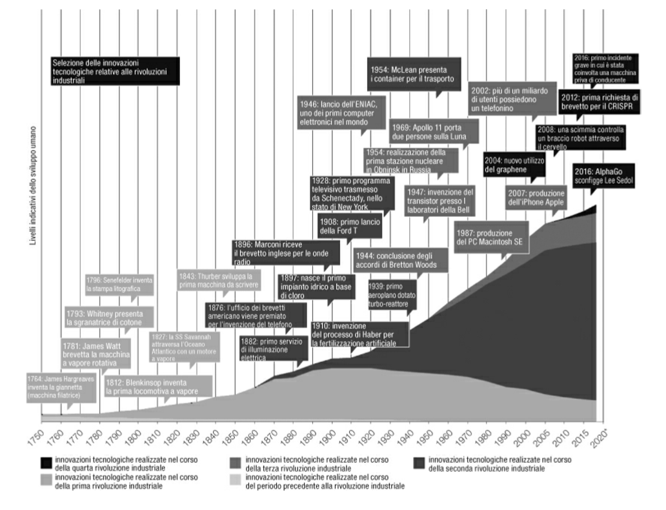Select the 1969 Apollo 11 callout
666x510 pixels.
(434, 132)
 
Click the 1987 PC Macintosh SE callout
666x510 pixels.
(490, 236)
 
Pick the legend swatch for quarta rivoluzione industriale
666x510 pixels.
(47, 464)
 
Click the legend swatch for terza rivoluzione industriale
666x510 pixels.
(234, 464)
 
